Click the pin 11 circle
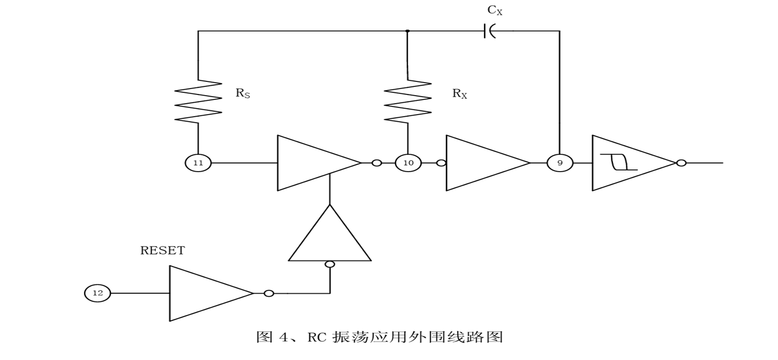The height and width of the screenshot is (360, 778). [x=198, y=163]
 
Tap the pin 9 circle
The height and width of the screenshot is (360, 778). [x=560, y=163]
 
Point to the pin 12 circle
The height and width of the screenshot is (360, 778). [x=97, y=293]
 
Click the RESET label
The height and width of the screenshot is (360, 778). [x=162, y=251]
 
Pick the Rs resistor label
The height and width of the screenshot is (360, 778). [x=242, y=93]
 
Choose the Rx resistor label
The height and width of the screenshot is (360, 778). [x=460, y=93]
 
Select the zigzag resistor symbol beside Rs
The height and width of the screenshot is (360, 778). [x=198, y=102]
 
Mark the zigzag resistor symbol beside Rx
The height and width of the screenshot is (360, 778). [x=407, y=102]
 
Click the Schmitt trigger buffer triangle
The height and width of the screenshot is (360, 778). [x=630, y=163]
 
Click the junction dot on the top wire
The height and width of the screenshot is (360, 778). [x=407, y=31]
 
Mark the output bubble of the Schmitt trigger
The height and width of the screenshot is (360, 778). [x=681, y=163]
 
